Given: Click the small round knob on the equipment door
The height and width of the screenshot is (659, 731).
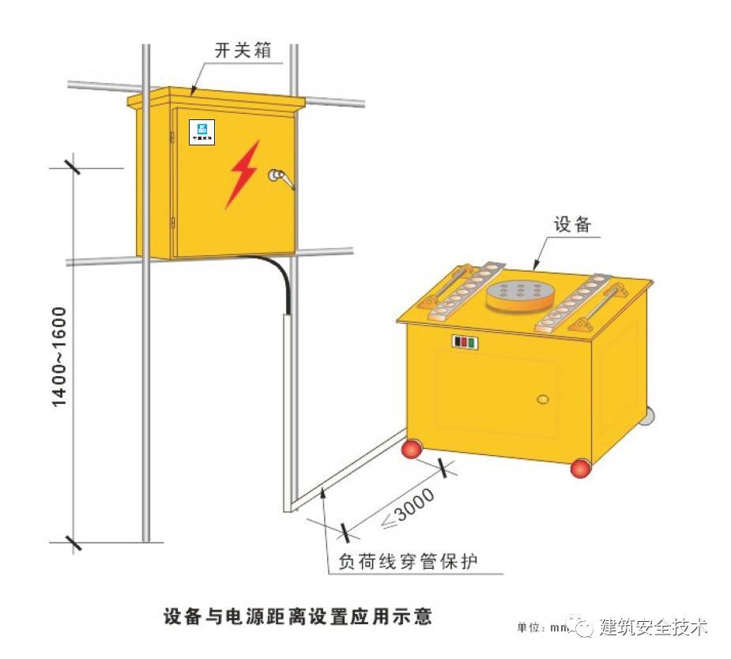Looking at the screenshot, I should coord(542,399).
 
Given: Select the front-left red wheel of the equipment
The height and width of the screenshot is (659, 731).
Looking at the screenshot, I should coord(413,450).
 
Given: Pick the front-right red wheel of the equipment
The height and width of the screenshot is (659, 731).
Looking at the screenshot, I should coord(581,469).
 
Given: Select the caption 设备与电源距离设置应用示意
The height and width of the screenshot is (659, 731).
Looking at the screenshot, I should coord(298,616).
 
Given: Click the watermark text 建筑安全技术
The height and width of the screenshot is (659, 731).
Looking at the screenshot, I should coord(653,627).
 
